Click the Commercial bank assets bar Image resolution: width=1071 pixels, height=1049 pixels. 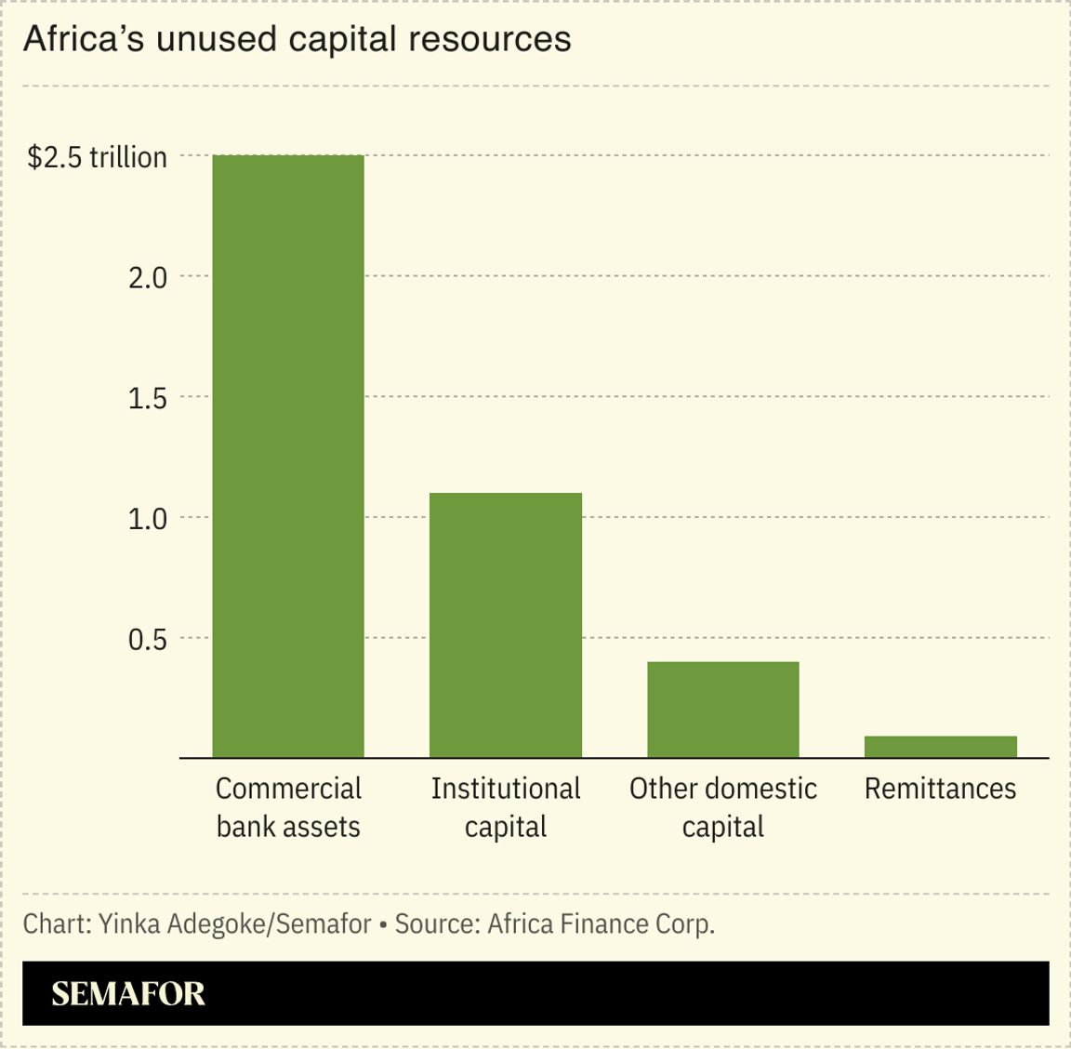click(288, 456)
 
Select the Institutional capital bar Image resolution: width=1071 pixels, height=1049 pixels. click(506, 625)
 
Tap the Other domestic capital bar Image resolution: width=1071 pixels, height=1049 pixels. click(723, 710)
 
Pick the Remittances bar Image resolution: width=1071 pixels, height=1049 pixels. click(941, 747)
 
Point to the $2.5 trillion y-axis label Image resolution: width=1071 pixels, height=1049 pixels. click(98, 157)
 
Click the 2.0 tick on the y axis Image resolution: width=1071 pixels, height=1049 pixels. click(148, 277)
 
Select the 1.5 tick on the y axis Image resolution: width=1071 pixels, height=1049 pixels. click(148, 398)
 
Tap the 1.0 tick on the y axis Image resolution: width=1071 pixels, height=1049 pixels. click(148, 518)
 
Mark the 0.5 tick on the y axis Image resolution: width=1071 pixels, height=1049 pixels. click(148, 639)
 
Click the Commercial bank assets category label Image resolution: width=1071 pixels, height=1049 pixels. click(288, 807)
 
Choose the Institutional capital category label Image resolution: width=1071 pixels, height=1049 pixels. click(506, 807)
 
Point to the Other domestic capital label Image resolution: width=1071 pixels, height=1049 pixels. click(723, 807)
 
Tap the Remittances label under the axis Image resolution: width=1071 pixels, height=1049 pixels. click(941, 789)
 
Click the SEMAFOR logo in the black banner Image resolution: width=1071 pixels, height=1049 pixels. click(128, 993)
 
